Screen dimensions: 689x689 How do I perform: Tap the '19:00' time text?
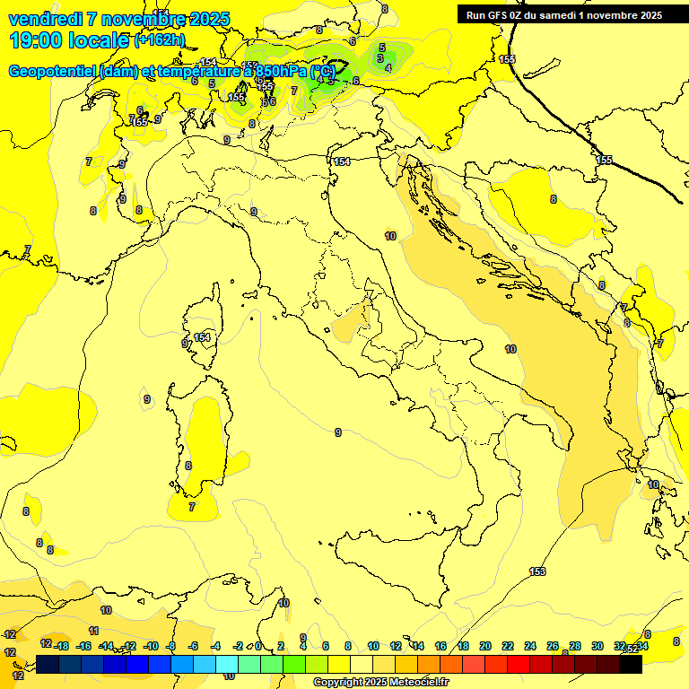tap(35, 39)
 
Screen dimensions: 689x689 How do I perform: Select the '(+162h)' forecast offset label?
tap(159, 40)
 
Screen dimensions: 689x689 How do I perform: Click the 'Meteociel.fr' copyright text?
tap(420, 682)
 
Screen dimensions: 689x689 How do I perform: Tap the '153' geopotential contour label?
tap(537, 571)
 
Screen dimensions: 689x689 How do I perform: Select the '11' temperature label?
tap(94, 631)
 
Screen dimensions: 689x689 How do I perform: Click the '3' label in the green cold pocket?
tap(380, 58)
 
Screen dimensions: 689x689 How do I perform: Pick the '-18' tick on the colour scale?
tap(61, 646)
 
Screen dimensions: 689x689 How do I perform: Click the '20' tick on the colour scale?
tap(485, 646)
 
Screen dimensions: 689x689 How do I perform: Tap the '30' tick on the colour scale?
tap(597, 646)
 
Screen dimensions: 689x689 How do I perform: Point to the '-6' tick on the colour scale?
tap(193, 646)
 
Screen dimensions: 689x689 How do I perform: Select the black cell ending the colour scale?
tap(631, 664)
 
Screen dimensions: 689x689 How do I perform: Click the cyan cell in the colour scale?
tap(227, 664)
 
